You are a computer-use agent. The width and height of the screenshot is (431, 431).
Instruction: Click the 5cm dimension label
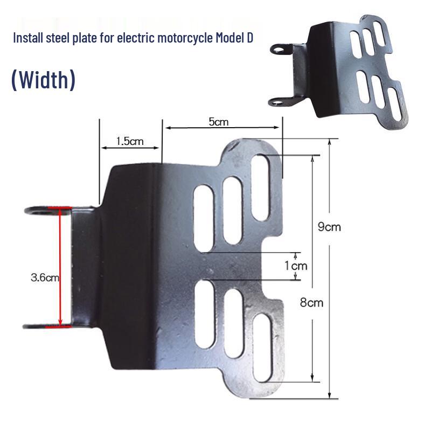[219, 122]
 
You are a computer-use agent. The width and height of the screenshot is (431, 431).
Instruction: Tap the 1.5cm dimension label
[130, 141]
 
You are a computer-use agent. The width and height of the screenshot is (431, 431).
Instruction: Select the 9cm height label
[329, 227]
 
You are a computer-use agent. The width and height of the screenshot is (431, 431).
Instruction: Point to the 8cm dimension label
[311, 302]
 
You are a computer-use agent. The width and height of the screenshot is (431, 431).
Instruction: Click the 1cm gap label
[295, 266]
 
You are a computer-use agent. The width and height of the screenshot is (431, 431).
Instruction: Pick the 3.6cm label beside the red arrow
[45, 277]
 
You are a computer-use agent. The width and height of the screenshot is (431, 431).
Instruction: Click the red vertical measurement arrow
[60, 267]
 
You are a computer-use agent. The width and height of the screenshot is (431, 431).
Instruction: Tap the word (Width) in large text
[43, 80]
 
